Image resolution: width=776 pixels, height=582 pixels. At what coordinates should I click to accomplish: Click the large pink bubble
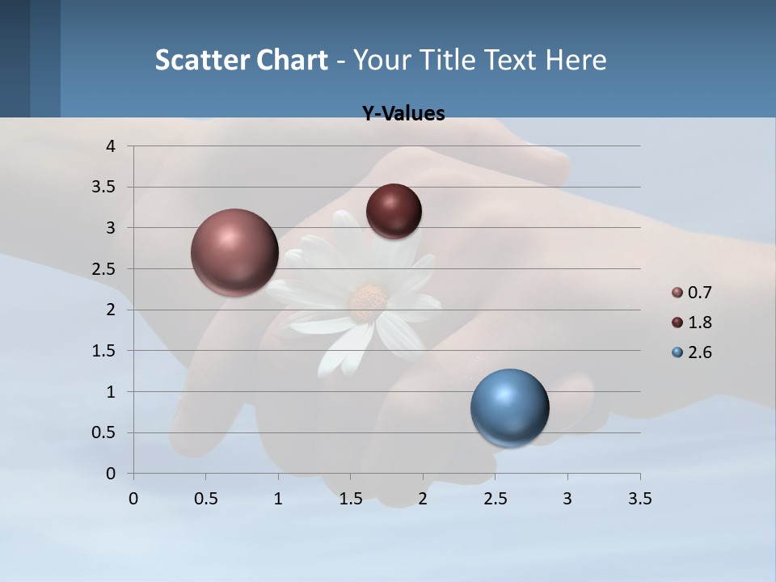pos(235,252)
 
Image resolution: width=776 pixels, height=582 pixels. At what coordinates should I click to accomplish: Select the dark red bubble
pos(394,211)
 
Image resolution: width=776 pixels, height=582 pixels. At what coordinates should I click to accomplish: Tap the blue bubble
pos(510,407)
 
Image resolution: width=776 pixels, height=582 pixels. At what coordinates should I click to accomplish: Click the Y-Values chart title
pos(403,114)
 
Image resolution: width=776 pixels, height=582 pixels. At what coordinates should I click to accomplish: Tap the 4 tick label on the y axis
pos(112,146)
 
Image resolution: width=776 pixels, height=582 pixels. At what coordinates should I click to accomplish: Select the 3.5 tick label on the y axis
pos(104,188)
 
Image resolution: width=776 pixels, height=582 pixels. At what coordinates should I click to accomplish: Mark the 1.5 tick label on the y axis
pos(104,351)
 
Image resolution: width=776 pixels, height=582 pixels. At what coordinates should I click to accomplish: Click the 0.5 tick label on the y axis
pos(104,432)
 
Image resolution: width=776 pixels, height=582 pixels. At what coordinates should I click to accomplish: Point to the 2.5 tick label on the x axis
pos(495,499)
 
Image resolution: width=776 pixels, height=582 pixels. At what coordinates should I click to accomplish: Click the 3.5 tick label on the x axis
pos(639,499)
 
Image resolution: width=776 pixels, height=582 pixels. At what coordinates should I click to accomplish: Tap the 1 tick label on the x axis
pos(278,499)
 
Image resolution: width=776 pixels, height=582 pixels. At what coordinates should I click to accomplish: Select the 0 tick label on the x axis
pos(133,499)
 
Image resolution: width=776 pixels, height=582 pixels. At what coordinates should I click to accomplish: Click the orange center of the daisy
pos(368,300)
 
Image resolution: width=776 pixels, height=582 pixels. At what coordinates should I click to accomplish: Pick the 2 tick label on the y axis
pos(112,310)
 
